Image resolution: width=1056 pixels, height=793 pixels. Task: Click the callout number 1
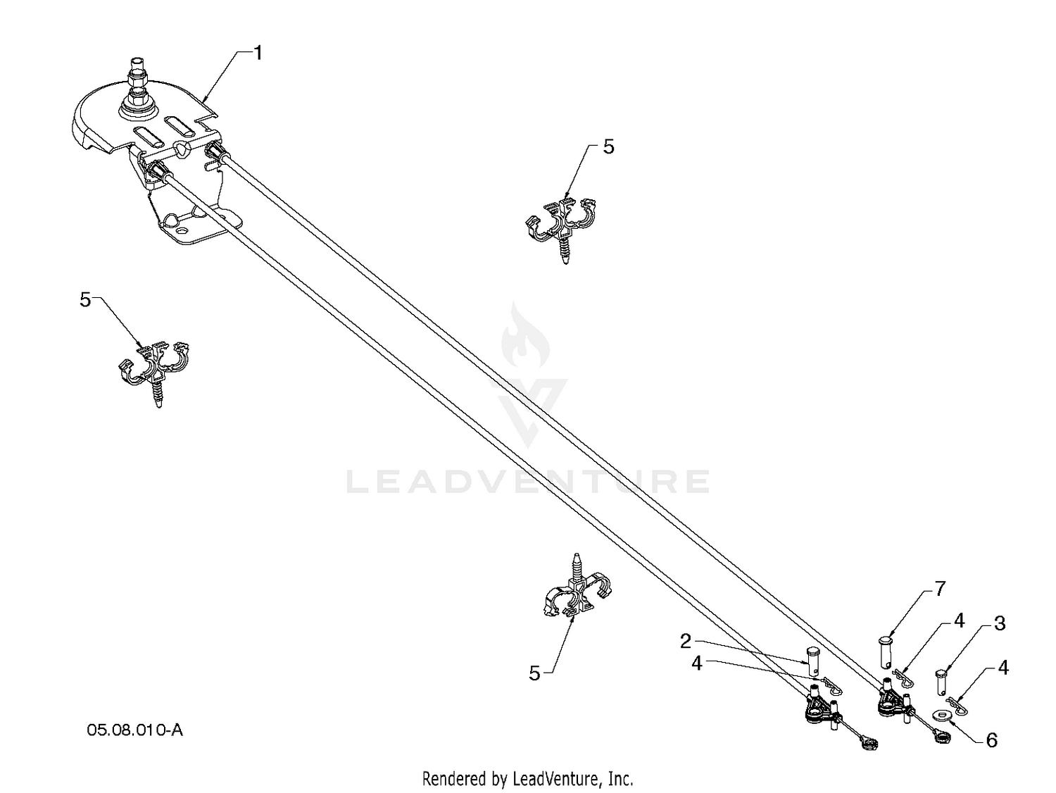point(258,53)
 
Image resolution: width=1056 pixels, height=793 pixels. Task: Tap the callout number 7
point(940,588)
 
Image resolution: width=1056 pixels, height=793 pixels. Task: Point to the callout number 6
point(991,740)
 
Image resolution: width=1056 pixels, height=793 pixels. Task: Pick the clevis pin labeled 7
point(885,652)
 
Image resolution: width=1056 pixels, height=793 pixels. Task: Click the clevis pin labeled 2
point(813,662)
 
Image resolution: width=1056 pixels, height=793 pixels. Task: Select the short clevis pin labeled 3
point(942,682)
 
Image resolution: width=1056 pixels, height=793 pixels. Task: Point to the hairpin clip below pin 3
point(957,704)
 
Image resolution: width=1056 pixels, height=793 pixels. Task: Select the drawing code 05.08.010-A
point(134,730)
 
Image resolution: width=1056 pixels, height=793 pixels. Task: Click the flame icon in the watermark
point(525,335)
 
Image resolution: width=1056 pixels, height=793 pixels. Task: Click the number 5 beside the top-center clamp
point(608,147)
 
